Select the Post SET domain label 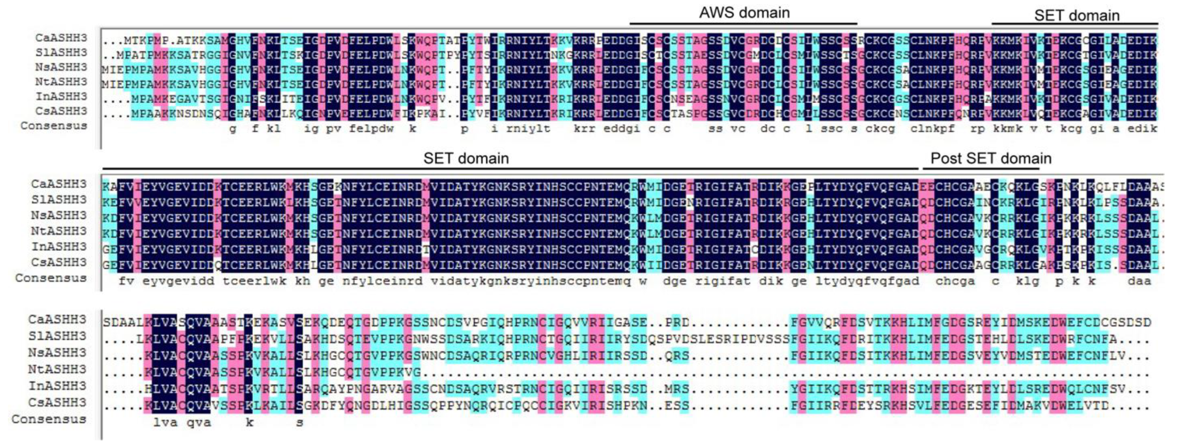point(991,159)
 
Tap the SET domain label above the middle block point(466,159)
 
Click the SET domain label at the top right point(1076,15)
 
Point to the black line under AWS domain point(743,23)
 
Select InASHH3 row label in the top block point(62,96)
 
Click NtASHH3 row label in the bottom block point(57,369)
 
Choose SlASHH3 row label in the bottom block point(57,336)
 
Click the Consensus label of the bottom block point(49,419)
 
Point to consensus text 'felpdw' point(372,129)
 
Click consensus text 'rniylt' point(528,129)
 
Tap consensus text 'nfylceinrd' point(382,281)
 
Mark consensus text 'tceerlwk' point(255,281)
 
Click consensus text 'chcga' point(955,281)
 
